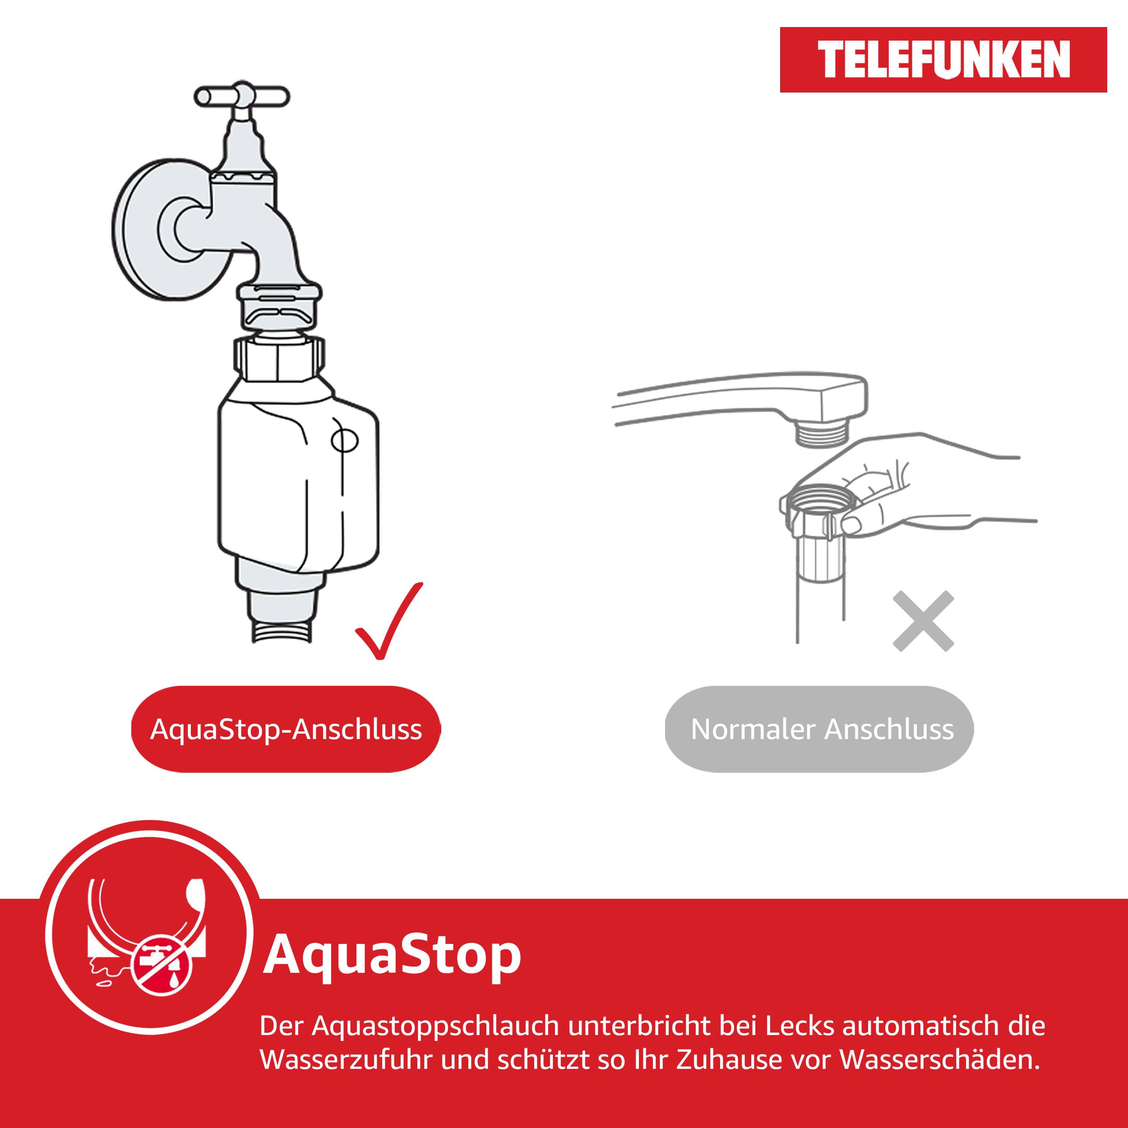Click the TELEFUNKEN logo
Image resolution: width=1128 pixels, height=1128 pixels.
pos(943,60)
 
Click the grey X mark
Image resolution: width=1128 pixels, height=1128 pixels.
pos(923,621)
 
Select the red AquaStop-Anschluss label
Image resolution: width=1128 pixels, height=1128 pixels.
pos(286,729)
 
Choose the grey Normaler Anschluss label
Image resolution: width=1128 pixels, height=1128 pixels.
pos(822,729)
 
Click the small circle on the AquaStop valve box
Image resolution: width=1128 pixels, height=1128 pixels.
pos(344,440)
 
